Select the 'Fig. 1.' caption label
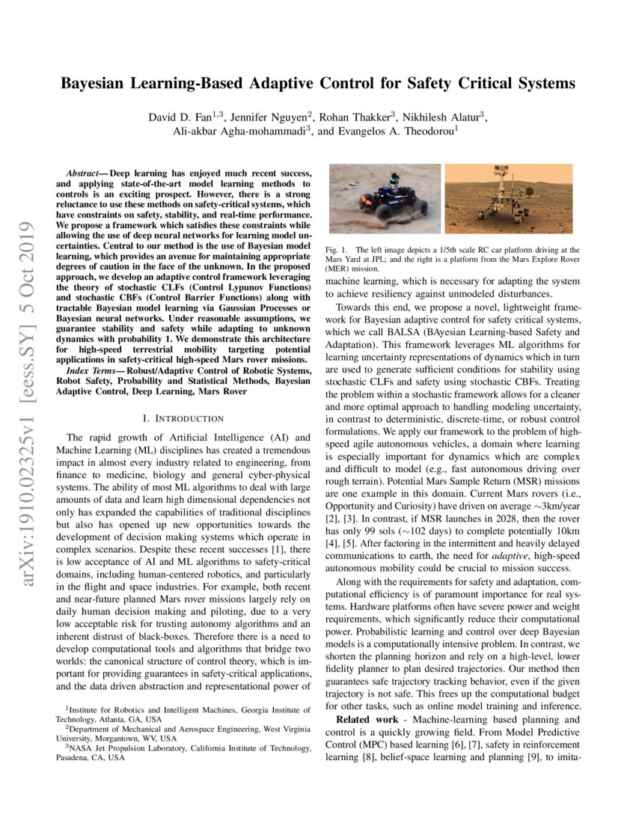coord(337,249)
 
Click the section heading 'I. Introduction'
coord(183,417)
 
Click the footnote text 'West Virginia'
coord(282,728)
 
